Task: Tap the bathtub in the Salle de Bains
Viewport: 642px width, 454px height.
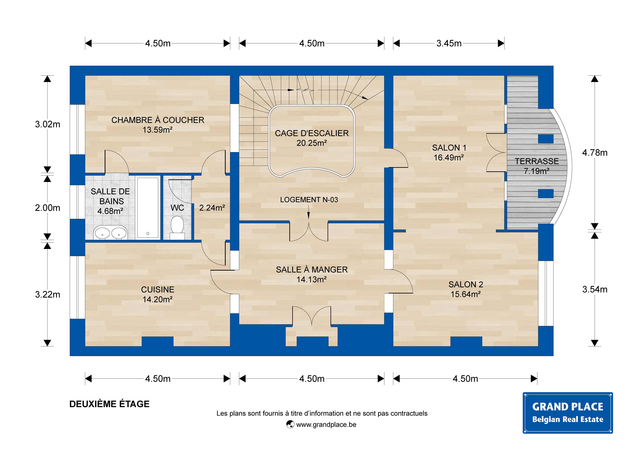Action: click(x=148, y=208)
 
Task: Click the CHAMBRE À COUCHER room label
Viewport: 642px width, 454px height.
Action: click(x=158, y=120)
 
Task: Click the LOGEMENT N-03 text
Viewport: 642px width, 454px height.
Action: click(x=309, y=200)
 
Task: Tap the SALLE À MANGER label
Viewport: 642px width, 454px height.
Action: click(x=312, y=270)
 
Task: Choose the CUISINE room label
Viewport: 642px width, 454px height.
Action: click(x=158, y=290)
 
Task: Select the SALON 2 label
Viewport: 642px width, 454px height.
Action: click(x=466, y=284)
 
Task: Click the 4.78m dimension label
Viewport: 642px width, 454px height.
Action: click(x=595, y=153)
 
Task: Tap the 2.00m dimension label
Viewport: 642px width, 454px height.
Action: click(x=48, y=208)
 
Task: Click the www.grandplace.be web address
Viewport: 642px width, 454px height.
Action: click(x=326, y=425)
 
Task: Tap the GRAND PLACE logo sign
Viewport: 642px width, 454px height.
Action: click(x=568, y=413)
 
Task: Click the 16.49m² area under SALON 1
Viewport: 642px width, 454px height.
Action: click(x=449, y=157)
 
